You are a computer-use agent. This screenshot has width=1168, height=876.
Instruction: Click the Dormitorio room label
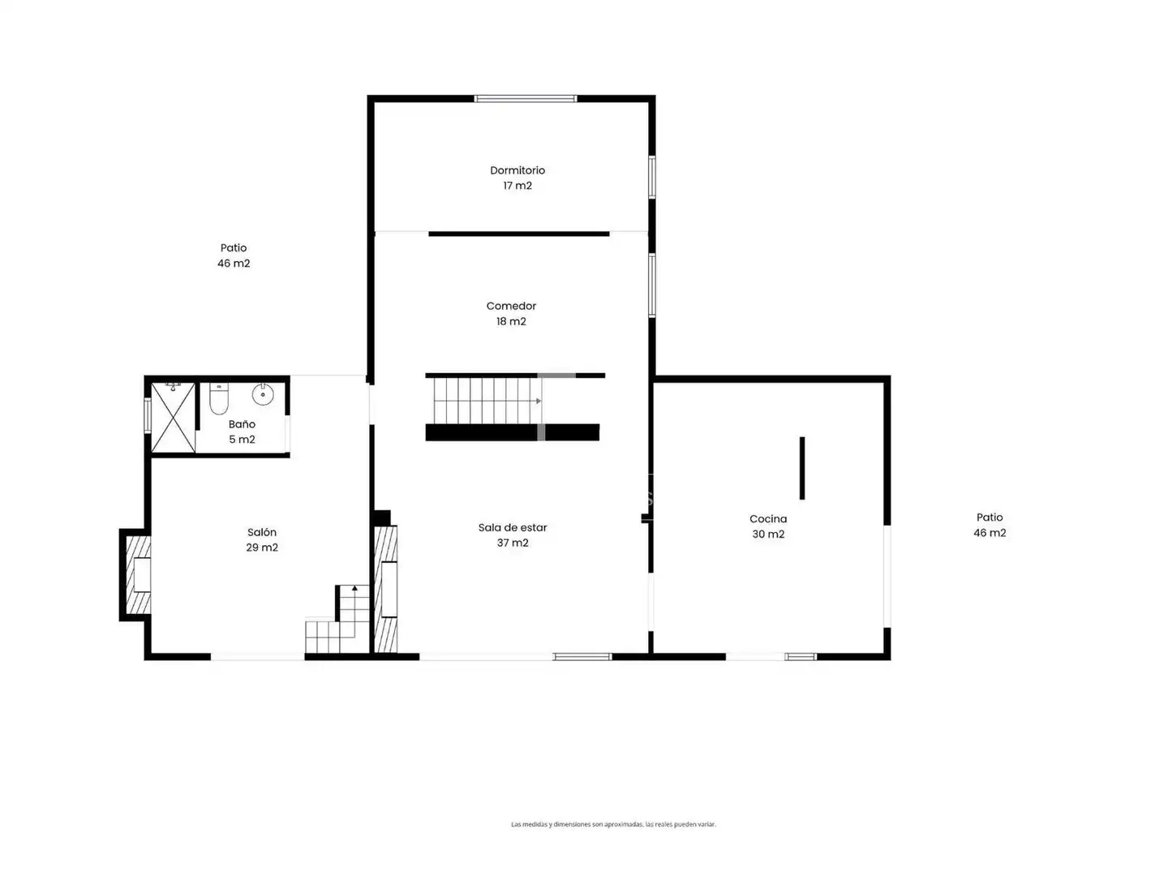[517, 178]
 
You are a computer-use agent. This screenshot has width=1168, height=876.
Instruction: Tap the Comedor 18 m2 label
[511, 313]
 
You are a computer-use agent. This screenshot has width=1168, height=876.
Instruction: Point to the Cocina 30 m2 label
[768, 526]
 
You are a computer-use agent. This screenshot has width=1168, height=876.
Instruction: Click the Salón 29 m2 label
[262, 539]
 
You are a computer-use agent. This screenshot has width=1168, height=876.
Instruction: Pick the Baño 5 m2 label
[242, 432]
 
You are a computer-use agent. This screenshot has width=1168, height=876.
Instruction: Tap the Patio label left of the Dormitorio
[234, 255]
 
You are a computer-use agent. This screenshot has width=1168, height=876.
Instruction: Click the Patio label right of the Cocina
[990, 525]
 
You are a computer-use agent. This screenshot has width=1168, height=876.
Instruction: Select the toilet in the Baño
[218, 397]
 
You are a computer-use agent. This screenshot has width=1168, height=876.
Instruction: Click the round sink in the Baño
[262, 394]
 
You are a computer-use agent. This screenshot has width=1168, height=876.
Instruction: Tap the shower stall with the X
[174, 418]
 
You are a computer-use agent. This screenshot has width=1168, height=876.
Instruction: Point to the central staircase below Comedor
[487, 401]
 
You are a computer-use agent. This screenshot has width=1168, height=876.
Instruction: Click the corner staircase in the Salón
[337, 620]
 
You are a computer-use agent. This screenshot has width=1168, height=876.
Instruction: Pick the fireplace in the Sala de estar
[386, 589]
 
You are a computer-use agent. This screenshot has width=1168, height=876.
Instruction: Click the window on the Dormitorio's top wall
[526, 98]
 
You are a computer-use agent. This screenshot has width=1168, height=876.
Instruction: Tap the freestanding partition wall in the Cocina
[802, 468]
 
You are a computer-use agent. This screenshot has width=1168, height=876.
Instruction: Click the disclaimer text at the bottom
[613, 824]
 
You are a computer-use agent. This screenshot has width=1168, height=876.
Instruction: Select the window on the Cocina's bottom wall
[801, 657]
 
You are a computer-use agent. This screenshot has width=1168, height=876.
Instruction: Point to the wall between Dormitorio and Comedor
[519, 234]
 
